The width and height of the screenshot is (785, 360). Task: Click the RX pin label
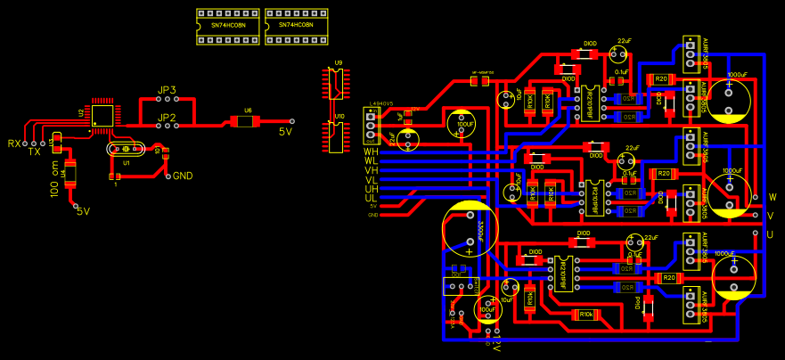click(13, 143)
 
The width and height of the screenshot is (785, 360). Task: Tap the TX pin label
click(34, 152)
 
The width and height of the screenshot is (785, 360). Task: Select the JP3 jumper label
click(167, 91)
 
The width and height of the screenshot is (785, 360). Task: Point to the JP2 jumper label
click(167, 118)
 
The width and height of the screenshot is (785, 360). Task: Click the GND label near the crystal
click(182, 176)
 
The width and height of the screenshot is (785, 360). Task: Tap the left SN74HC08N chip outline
click(228, 26)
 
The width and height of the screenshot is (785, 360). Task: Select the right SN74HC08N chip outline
click(297, 26)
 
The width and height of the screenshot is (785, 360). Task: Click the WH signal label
click(371, 151)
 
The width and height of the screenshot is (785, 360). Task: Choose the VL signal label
click(371, 180)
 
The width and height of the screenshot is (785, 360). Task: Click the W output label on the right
click(772, 197)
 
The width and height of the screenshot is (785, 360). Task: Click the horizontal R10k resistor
click(585, 315)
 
